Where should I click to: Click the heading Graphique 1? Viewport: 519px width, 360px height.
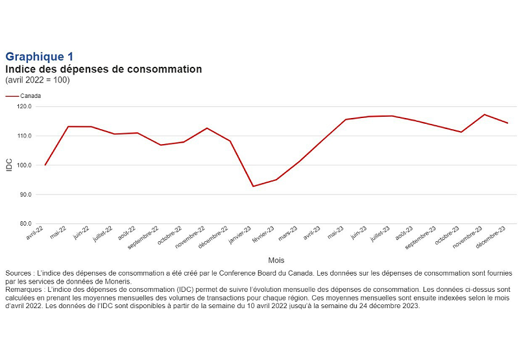click(x=39, y=57)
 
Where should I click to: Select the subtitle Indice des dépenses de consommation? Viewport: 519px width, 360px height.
click(x=104, y=69)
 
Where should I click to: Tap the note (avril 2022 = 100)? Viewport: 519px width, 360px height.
click(x=37, y=80)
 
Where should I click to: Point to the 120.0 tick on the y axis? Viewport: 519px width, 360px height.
click(x=25, y=106)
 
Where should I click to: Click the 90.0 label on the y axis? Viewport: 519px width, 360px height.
click(x=25, y=195)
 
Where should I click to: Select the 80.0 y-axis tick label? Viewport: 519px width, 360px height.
click(x=25, y=224)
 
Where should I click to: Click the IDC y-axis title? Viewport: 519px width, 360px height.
click(x=9, y=165)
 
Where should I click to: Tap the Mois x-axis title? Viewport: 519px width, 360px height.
click(x=276, y=259)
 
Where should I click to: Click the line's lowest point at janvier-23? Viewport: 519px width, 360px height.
click(x=253, y=186)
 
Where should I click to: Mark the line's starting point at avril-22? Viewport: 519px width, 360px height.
click(x=45, y=165)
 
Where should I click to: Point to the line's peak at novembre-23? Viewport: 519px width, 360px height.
click(x=485, y=114)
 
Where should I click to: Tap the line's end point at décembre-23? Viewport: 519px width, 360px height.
click(x=507, y=123)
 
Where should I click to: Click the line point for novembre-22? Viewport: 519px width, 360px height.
click(x=207, y=128)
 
